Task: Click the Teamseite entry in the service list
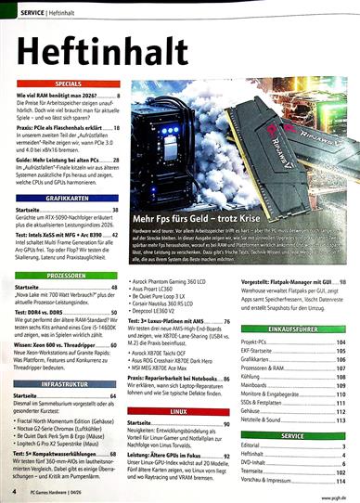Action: [x=259, y=471]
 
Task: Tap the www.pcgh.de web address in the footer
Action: [x=329, y=491]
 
